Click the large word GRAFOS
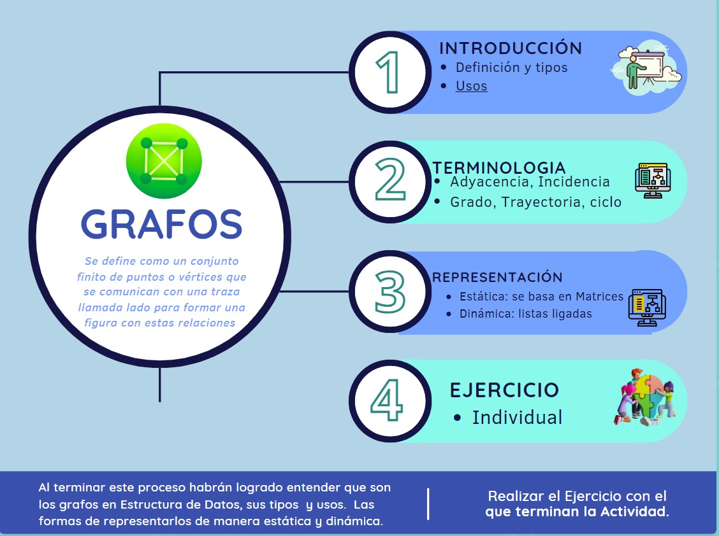point(161,224)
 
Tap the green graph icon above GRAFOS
point(164,161)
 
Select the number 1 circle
point(389,73)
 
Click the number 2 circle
point(389,182)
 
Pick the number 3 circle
point(389,292)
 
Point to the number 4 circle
point(389,401)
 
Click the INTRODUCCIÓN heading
point(511,48)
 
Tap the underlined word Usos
point(472,86)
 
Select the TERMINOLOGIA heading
point(499,167)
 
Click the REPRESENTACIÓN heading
point(497,277)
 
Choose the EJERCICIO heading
point(504,390)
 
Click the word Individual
point(517,418)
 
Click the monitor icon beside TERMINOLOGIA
point(653,181)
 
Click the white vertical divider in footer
point(428,504)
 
